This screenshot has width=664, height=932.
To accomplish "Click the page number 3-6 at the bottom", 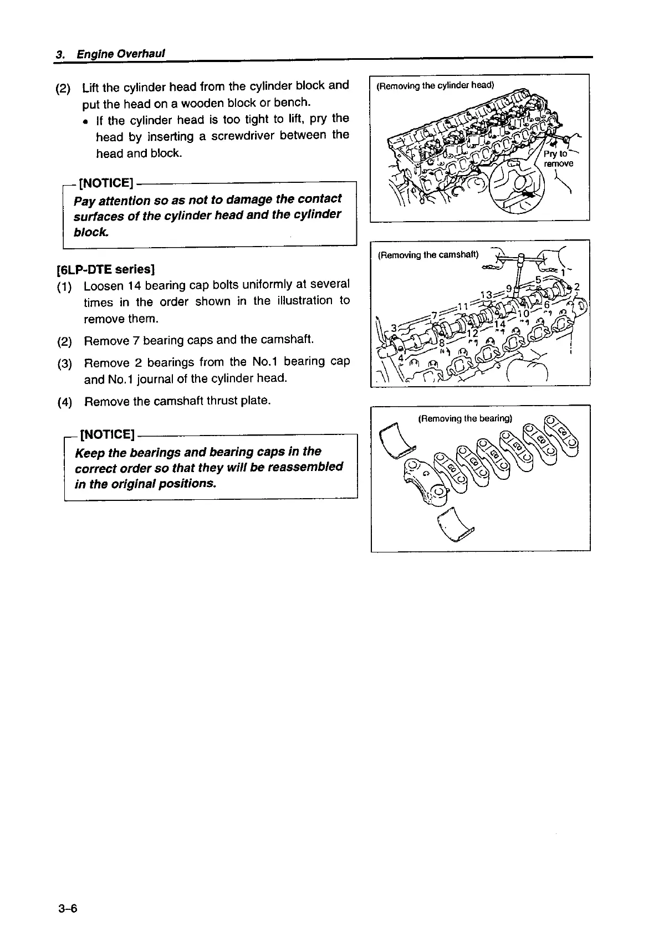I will tap(68, 908).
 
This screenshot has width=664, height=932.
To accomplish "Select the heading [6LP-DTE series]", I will tap(105, 269).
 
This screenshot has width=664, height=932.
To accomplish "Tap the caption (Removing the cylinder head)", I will tap(435, 85).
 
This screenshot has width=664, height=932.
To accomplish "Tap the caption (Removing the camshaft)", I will tap(427, 255).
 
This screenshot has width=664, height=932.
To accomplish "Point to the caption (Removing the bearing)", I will tap(465, 418).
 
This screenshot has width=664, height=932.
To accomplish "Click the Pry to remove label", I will tap(558, 158).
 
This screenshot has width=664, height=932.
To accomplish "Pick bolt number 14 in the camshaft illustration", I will tap(499, 324).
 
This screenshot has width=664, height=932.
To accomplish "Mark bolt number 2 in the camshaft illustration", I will tap(576, 287).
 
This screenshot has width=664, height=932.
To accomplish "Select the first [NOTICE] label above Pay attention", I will tap(106, 182).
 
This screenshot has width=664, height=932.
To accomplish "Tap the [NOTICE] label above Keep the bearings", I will tap(108, 434).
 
